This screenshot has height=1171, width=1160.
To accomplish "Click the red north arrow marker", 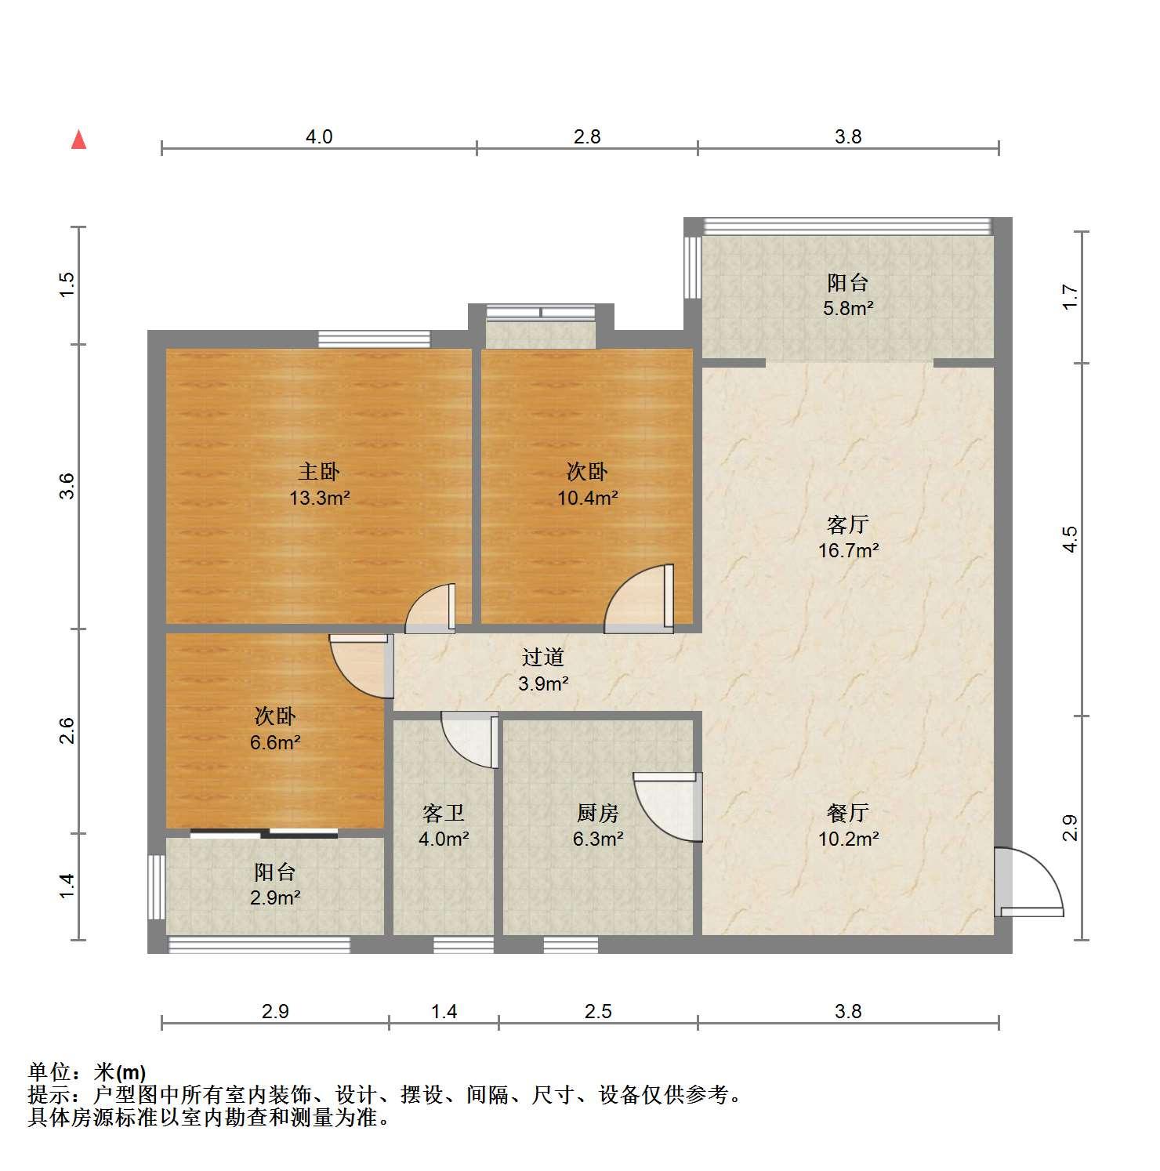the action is click(78, 140).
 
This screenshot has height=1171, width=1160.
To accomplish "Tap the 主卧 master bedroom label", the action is click(319, 472).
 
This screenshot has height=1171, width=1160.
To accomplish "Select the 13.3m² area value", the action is click(319, 498).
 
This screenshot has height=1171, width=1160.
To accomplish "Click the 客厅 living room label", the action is click(848, 524).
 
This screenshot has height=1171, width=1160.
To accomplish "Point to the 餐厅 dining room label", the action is click(848, 813).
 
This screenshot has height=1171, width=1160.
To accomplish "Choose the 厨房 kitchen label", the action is click(598, 813).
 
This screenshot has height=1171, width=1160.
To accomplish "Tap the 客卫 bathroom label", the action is click(444, 813).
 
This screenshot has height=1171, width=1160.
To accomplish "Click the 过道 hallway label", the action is click(543, 657).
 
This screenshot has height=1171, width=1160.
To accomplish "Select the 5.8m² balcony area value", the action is click(848, 308).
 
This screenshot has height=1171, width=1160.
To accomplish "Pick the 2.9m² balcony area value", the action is click(275, 897).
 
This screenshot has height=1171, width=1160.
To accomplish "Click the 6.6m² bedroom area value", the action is click(275, 741).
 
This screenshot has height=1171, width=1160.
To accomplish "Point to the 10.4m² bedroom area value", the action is click(588, 498).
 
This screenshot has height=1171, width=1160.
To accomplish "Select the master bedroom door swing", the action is click(430, 608).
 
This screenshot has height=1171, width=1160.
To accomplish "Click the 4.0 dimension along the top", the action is click(319, 137).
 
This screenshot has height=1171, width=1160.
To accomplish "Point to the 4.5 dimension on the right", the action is click(1070, 539).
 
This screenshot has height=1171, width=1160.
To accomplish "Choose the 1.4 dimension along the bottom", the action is click(444, 1011).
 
